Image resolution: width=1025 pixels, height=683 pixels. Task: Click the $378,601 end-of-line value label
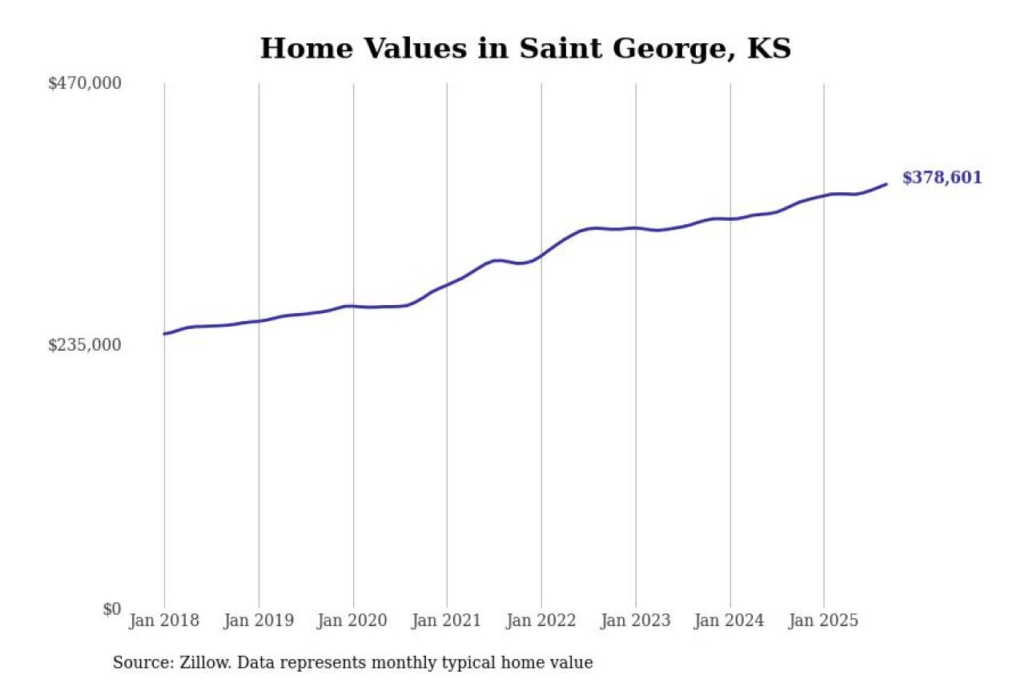tap(942, 179)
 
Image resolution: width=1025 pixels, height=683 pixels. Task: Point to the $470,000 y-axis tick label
tap(85, 83)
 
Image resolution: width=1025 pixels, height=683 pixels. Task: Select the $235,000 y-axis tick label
tap(85, 345)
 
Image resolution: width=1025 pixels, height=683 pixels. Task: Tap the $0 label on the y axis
tap(111, 609)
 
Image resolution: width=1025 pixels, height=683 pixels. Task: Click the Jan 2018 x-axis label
tap(164, 621)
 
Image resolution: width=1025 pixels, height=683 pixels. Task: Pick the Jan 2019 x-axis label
tap(259, 621)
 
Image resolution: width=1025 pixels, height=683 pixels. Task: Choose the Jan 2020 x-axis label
tap(353, 621)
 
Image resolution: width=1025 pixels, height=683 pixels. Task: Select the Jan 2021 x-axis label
tap(447, 621)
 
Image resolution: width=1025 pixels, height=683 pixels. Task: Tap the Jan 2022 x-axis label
tap(541, 621)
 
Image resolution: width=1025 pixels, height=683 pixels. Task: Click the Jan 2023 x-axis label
tap(636, 621)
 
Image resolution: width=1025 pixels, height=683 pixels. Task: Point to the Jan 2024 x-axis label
tap(730, 621)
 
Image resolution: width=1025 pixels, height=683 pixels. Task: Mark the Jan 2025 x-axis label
tap(824, 621)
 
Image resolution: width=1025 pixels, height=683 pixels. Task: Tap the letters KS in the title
tap(769, 49)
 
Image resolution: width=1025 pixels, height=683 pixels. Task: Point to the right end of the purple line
tap(886, 184)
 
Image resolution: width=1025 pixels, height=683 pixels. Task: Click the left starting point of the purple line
tap(165, 334)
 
